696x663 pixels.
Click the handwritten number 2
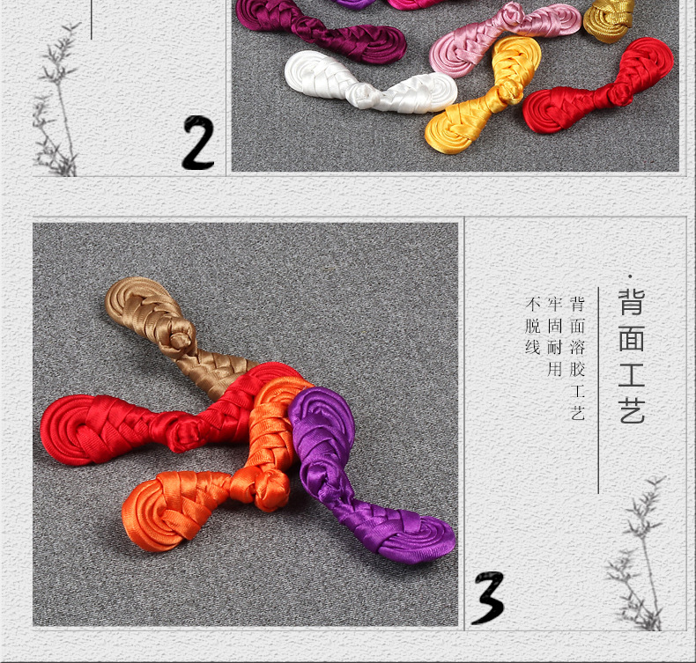click(x=198, y=143)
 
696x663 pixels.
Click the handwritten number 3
click(x=489, y=598)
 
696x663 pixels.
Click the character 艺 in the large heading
click(x=632, y=409)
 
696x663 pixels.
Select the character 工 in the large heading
click(x=632, y=372)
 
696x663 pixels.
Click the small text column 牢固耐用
click(x=554, y=336)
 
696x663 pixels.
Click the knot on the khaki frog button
click(x=182, y=335)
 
